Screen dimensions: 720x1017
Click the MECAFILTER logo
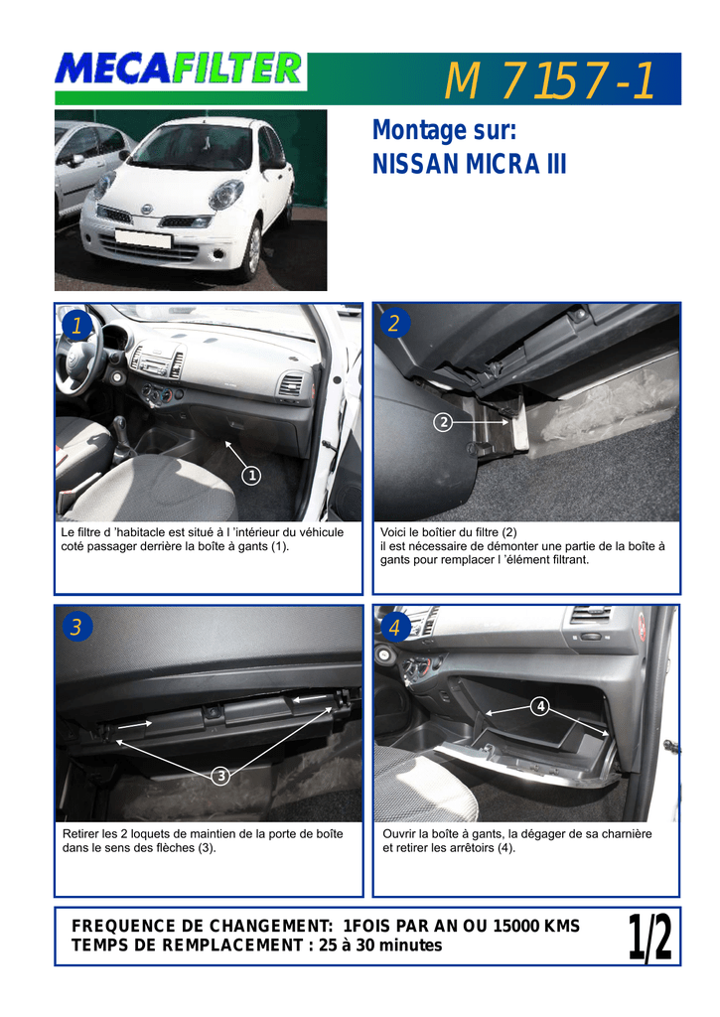click(179, 70)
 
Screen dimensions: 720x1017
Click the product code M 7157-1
click(549, 80)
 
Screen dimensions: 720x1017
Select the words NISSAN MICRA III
click(469, 164)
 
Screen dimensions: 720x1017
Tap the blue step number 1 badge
click(75, 325)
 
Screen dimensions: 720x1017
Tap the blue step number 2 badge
click(393, 323)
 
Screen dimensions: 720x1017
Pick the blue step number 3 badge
click(76, 627)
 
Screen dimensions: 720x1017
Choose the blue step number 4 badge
click(394, 627)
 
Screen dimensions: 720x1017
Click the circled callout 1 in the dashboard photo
click(251, 476)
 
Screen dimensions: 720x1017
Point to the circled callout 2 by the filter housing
click(443, 423)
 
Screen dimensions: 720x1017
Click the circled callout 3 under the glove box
click(221, 776)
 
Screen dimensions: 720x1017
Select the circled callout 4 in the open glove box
click(540, 706)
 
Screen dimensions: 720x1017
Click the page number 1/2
click(649, 937)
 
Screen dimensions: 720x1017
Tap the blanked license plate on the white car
click(143, 238)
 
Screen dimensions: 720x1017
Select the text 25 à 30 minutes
click(380, 945)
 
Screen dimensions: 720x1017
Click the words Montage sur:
click(444, 130)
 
